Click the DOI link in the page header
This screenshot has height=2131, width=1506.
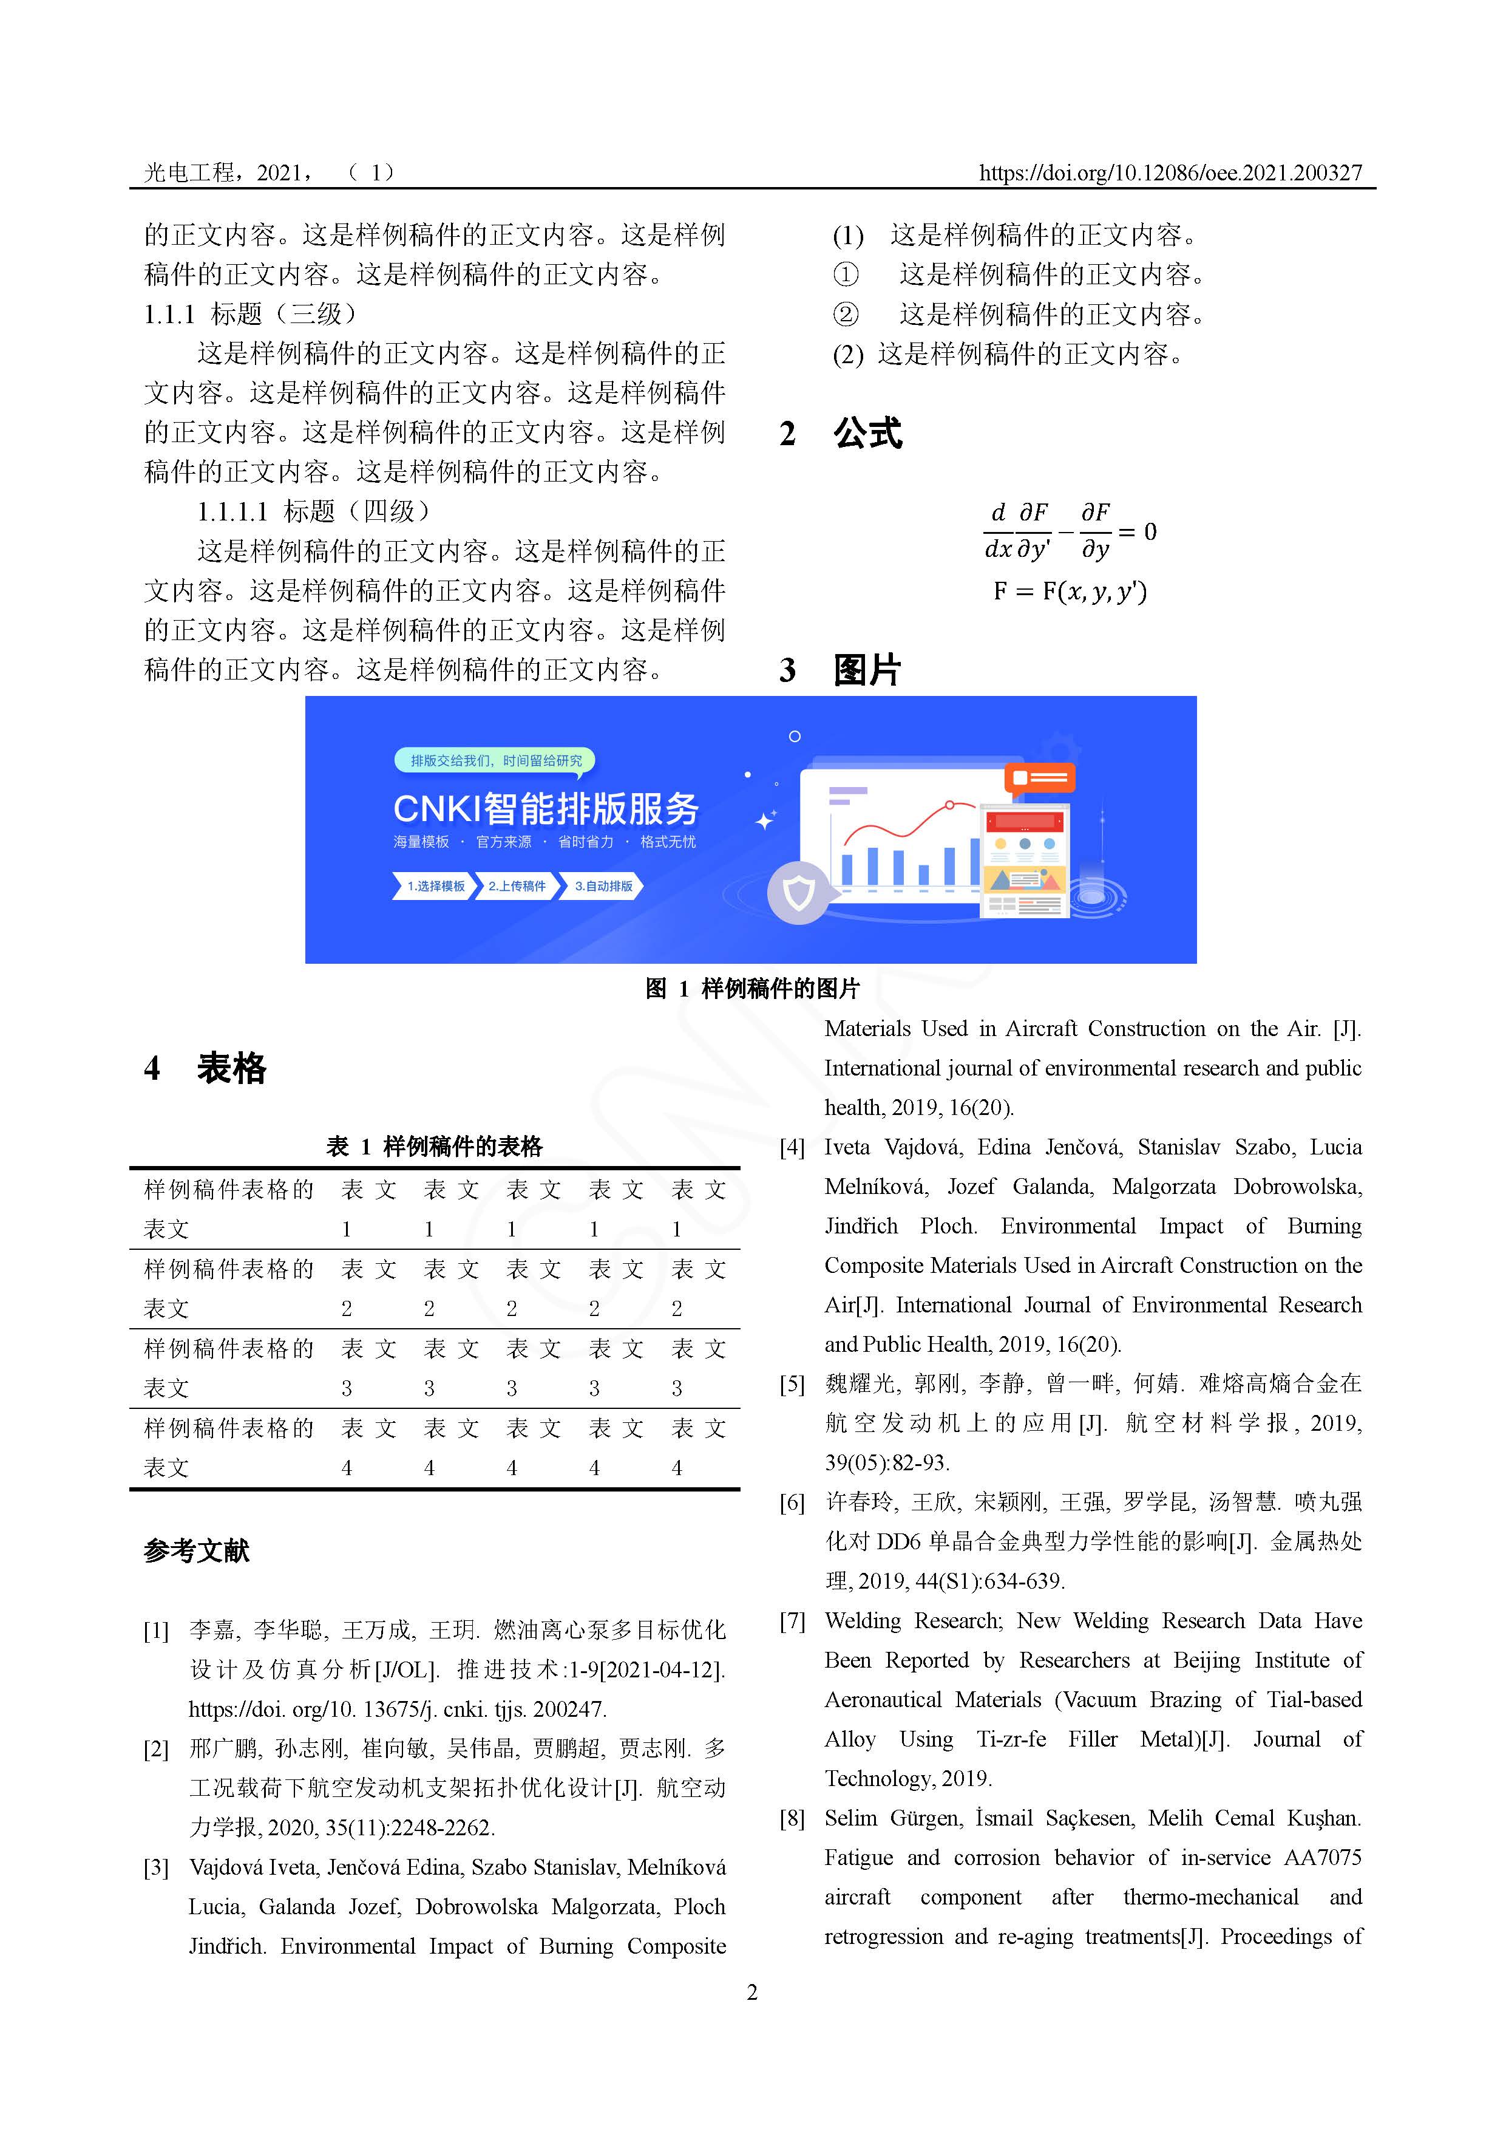(1170, 172)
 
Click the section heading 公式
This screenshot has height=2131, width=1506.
(867, 434)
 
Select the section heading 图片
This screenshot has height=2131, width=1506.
(867, 669)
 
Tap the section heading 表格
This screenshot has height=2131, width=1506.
(231, 1068)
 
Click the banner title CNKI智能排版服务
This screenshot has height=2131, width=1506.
(546, 808)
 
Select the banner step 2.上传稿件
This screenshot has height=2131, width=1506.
(517, 887)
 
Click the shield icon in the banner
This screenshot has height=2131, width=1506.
(798, 894)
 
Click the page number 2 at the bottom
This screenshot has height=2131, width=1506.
(753, 1993)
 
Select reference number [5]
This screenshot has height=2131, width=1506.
(792, 1385)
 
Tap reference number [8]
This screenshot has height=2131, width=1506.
(792, 1819)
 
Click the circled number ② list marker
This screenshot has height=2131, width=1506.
(846, 315)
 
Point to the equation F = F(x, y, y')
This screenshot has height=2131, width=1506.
(1070, 592)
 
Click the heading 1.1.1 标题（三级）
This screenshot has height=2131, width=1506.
(249, 314)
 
